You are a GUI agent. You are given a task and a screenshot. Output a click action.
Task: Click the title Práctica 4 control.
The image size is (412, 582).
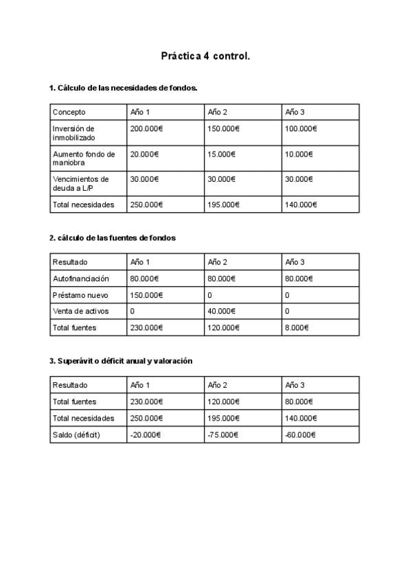click(x=205, y=56)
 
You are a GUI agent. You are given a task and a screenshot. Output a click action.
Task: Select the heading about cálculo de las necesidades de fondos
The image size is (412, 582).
click(x=124, y=88)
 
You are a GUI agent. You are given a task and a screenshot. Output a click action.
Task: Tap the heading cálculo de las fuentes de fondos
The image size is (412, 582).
click(x=113, y=238)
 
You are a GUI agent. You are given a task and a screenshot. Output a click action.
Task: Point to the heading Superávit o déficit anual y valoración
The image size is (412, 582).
click(x=121, y=361)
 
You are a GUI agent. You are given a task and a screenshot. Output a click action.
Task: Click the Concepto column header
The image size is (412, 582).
click(x=69, y=112)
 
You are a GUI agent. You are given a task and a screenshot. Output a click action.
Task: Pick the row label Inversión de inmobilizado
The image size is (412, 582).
click(x=73, y=133)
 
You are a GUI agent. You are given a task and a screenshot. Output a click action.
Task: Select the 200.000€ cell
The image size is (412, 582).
click(x=146, y=129)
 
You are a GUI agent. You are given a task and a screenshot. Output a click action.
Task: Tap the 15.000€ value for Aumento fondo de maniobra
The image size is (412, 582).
click(x=221, y=154)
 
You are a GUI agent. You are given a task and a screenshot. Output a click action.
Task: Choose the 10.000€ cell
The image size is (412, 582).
click(x=299, y=154)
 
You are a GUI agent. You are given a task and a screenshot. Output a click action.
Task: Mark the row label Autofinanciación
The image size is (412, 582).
click(x=81, y=279)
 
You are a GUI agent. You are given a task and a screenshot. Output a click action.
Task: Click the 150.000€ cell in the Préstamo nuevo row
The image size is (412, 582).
click(x=146, y=295)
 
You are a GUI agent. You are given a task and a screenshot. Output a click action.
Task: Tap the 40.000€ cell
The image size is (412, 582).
click(x=221, y=312)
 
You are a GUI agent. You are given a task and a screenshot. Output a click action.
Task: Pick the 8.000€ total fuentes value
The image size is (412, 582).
click(x=297, y=328)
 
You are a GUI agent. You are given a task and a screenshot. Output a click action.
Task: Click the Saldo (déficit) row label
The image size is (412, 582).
click(x=77, y=434)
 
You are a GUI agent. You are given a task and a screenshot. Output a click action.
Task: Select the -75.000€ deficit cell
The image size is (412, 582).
click(x=222, y=434)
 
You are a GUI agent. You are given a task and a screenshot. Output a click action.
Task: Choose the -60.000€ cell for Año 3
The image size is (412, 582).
click(x=300, y=434)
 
